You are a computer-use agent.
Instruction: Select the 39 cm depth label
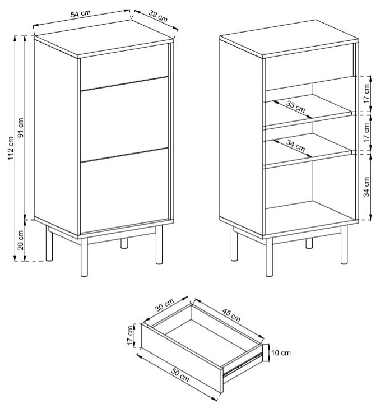coord(159,17)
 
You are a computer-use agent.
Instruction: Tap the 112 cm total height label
coord(11,149)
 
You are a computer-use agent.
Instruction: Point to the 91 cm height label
coord(21,127)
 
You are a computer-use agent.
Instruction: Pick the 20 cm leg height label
coord(21,239)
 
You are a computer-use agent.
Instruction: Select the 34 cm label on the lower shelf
coord(295,147)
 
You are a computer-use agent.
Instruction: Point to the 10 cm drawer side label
coord(281,352)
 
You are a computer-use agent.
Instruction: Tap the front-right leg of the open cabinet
coord(270,258)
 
